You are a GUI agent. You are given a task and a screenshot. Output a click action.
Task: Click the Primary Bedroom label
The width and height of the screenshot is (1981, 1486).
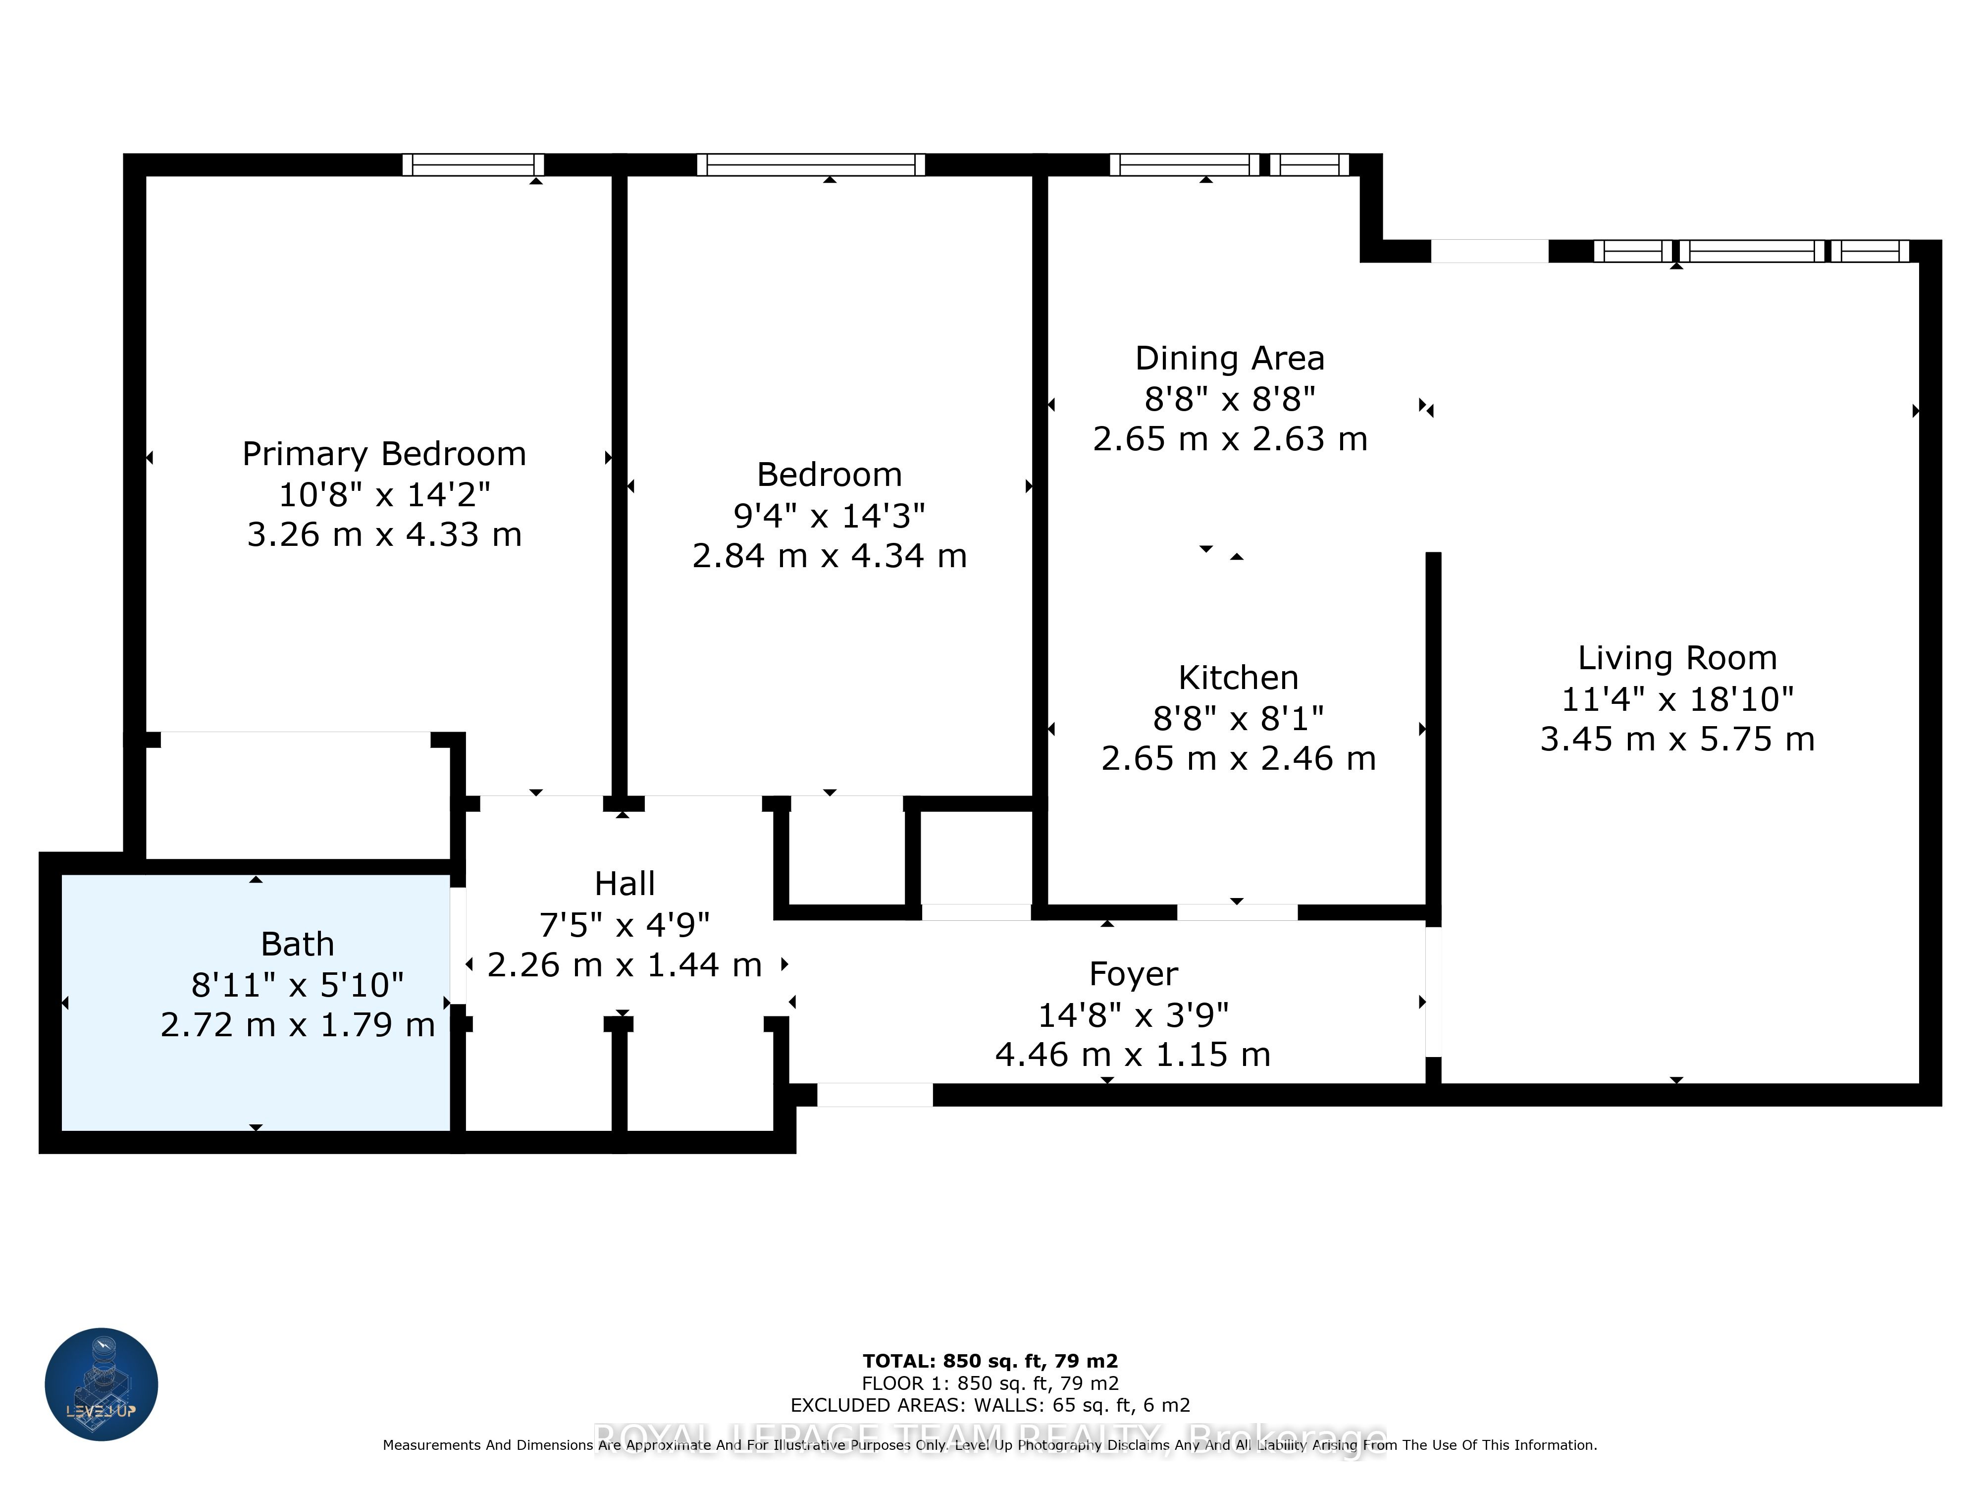(x=384, y=454)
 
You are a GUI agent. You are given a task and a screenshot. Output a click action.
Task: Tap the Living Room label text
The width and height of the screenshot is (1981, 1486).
(x=1676, y=658)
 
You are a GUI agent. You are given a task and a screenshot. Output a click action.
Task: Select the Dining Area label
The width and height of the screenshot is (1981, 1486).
(x=1230, y=358)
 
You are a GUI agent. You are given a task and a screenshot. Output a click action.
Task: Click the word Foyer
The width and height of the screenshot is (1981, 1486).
(x=1133, y=974)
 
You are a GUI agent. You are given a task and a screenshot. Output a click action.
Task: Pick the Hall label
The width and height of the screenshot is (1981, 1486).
(x=624, y=884)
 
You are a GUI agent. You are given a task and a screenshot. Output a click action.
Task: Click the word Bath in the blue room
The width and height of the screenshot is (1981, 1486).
(x=297, y=944)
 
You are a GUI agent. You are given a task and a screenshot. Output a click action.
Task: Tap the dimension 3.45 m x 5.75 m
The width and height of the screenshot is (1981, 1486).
(x=1676, y=740)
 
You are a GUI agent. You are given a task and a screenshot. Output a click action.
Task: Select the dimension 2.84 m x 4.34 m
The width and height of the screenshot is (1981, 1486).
(x=830, y=556)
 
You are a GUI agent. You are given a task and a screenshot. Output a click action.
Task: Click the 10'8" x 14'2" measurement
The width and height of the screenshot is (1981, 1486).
(x=384, y=494)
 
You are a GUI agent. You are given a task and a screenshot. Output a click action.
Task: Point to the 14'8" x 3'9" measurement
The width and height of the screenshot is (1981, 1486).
(x=1133, y=1015)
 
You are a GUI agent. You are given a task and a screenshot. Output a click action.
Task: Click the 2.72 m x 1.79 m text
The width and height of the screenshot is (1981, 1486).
(x=297, y=1025)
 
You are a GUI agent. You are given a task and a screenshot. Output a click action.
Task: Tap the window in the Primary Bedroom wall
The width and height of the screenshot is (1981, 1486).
(x=473, y=165)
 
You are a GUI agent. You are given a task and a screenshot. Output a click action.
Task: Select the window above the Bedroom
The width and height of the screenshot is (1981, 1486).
(x=811, y=165)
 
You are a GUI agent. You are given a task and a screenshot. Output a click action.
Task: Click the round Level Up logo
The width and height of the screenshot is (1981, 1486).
(x=101, y=1384)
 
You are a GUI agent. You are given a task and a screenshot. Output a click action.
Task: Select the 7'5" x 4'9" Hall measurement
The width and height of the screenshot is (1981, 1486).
(x=624, y=924)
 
